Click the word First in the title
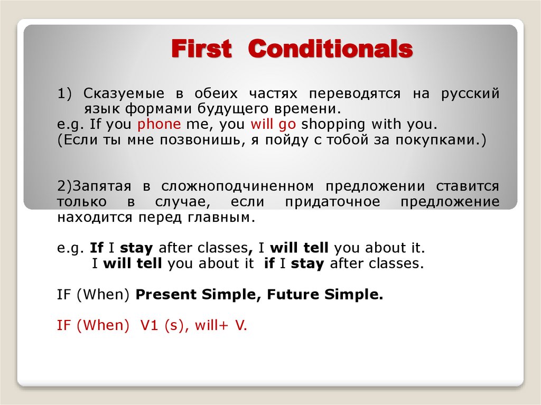point(201,50)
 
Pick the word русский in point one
point(470,94)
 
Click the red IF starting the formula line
point(64,326)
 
